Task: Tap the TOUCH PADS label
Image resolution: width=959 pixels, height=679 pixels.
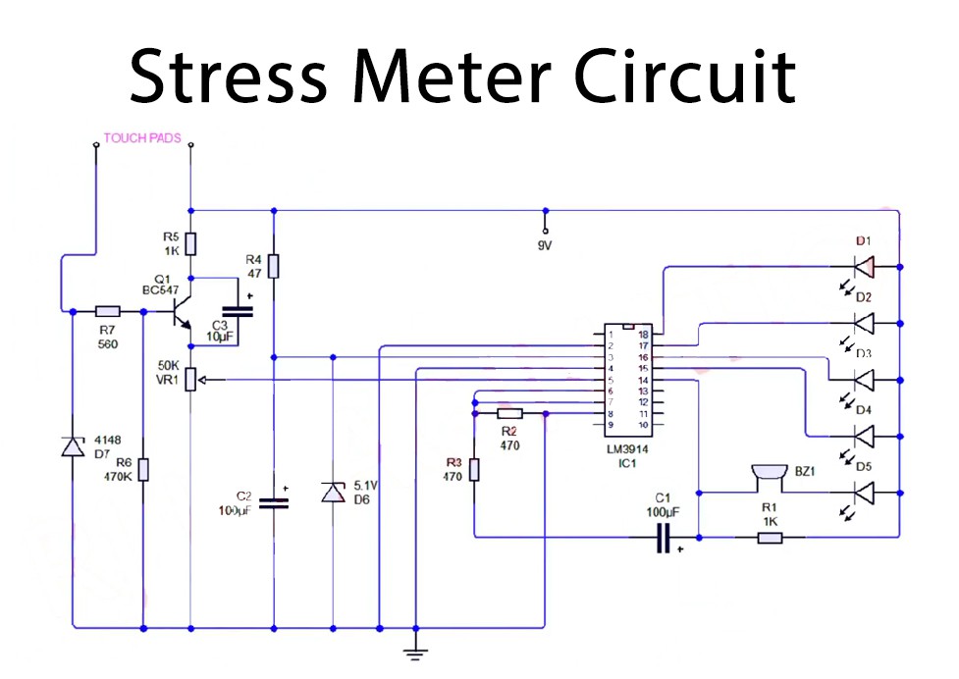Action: click(x=142, y=139)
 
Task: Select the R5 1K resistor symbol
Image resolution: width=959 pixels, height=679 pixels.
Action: click(x=191, y=243)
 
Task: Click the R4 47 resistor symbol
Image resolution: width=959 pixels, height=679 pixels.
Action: click(x=275, y=266)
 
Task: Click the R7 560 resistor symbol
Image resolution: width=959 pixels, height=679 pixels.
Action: click(x=107, y=312)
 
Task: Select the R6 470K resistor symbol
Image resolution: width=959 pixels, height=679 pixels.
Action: click(x=143, y=469)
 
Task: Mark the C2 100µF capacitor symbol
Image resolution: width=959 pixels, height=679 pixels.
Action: click(x=275, y=502)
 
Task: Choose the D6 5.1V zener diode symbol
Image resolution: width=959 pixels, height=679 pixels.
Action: click(x=333, y=492)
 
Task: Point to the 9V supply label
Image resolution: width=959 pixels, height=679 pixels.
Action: click(x=545, y=245)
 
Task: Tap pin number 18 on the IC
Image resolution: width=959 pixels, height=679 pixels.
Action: click(x=644, y=335)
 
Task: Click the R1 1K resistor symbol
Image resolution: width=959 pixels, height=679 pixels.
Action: click(x=770, y=537)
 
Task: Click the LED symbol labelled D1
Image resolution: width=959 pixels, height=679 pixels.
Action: click(x=865, y=266)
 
